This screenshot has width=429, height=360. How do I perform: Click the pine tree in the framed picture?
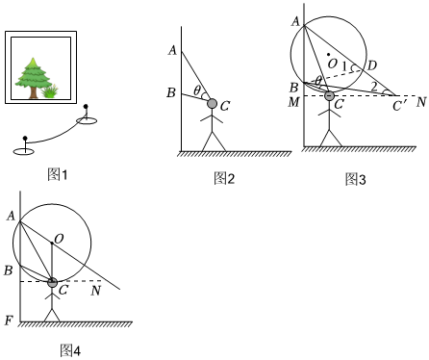coord(33,78)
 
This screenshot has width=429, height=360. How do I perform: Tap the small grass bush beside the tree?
coord(50,91)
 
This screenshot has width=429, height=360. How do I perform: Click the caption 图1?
coord(58,175)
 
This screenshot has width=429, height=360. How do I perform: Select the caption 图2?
coord(224,178)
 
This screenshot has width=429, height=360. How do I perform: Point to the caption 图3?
coord(356,179)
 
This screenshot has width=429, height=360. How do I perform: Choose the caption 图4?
coord(70,350)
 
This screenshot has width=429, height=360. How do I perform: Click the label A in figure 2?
coord(172,50)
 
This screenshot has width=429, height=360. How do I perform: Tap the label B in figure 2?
coord(171,92)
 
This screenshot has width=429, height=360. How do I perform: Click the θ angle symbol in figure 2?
coord(197,90)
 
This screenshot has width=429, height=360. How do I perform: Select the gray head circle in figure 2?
coord(212,104)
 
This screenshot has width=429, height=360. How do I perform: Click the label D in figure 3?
coord(371,65)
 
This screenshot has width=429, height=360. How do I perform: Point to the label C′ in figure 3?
coord(399,106)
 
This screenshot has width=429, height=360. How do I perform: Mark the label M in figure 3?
coord(294,102)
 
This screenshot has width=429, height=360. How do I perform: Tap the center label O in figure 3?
coord(333,64)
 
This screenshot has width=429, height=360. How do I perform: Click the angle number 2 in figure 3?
coord(374,87)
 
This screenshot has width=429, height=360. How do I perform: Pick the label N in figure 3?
coord(421,102)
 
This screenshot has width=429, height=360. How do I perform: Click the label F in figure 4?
coord(9,321)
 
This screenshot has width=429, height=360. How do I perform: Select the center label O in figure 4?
coord(59,239)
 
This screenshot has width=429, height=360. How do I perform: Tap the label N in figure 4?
coord(96,291)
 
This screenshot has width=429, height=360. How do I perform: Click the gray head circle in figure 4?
coord(52,283)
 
